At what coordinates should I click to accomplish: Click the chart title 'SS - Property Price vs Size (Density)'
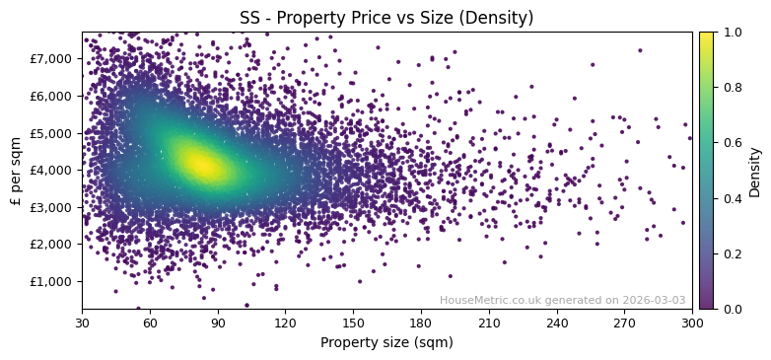(386, 18)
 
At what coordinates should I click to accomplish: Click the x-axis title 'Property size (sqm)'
(386, 342)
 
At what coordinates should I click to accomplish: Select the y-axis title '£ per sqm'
(16, 171)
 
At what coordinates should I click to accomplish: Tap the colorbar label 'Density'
(754, 171)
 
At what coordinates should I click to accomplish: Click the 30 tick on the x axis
(82, 322)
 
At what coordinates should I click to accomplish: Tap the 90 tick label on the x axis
(218, 322)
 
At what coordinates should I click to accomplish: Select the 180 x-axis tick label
(421, 322)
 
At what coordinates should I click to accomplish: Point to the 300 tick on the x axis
(692, 322)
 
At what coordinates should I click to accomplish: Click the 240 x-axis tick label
(557, 322)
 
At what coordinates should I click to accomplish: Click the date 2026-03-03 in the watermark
(655, 301)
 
